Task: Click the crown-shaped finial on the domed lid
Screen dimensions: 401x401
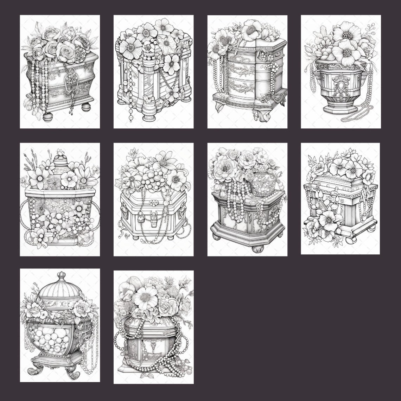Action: [62, 275]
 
